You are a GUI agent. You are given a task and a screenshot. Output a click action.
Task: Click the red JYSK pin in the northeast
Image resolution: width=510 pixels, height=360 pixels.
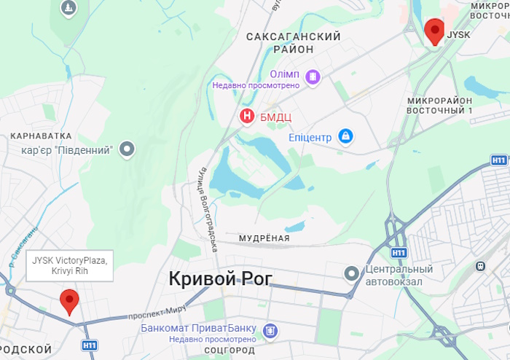[x=435, y=31]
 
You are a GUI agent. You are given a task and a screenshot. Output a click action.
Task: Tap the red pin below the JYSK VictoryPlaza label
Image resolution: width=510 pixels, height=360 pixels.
[x=70, y=300]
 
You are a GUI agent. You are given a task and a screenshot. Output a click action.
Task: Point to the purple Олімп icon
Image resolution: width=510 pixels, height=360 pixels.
[x=313, y=76]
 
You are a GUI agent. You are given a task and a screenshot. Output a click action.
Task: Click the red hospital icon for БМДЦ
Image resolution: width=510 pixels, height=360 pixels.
[x=248, y=116]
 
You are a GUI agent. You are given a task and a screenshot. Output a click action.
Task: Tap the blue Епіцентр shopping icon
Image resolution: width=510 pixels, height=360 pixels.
[x=346, y=136]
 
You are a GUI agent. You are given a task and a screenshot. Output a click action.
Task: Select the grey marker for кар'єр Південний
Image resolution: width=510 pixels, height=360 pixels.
[x=127, y=150]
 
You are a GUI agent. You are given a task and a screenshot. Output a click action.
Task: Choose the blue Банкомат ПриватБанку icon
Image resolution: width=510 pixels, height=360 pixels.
[x=270, y=332]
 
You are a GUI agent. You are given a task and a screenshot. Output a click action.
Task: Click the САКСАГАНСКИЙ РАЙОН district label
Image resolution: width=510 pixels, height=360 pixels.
[x=294, y=42]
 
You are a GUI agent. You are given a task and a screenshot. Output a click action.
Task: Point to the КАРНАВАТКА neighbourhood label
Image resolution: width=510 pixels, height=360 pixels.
[x=41, y=136]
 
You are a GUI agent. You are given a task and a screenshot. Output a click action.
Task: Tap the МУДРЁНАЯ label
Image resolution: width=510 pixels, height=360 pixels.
[x=264, y=238]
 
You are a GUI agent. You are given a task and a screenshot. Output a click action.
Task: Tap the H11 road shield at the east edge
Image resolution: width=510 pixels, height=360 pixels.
[x=498, y=160]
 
